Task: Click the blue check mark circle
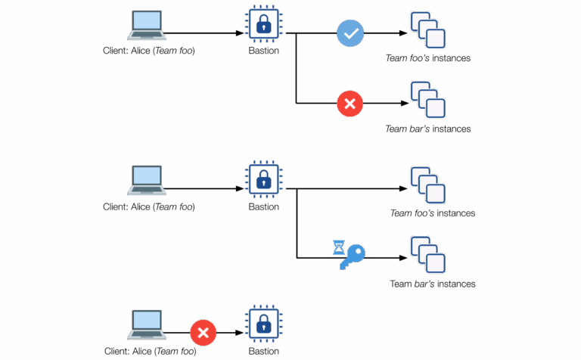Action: tap(350, 33)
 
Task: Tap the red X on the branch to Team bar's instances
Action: tap(350, 104)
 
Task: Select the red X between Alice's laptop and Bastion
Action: tap(203, 332)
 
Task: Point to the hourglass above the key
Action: tap(338, 247)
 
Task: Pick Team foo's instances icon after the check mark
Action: tap(427, 30)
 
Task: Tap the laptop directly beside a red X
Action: tap(147, 325)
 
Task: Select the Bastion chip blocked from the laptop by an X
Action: tap(263, 326)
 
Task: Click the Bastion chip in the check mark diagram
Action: tap(263, 26)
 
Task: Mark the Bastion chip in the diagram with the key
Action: tap(263, 181)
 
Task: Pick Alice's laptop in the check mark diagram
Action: tap(147, 26)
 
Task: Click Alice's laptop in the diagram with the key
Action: tap(147, 181)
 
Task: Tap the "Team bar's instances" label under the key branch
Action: tap(433, 284)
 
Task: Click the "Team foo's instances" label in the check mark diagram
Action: tap(428, 58)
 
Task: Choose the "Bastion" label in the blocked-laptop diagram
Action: tap(263, 352)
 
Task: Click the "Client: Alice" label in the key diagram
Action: tap(149, 206)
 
